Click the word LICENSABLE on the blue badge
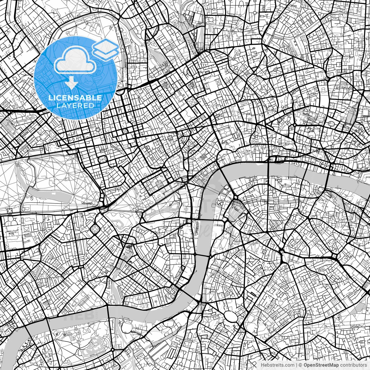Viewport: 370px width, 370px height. tap(75, 98)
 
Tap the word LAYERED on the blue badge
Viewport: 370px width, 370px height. tap(75, 106)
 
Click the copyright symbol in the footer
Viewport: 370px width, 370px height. tap(300, 365)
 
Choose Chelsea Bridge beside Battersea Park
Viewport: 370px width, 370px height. tap(108, 312)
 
